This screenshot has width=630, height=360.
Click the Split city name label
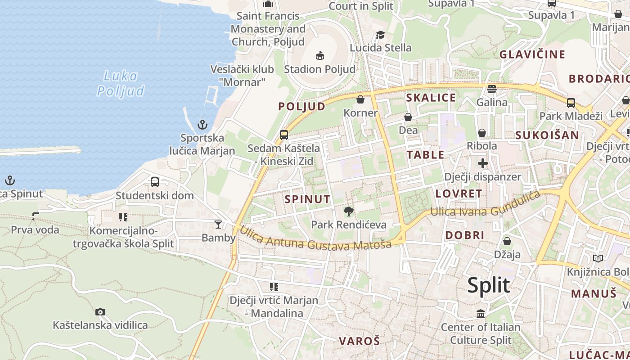coord(488,285)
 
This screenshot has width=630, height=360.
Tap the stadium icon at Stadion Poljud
coord(319,56)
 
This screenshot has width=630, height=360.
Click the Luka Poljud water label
coord(121,83)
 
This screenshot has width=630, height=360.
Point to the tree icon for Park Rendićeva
coord(348,211)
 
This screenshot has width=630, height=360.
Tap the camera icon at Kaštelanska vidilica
coord(100,312)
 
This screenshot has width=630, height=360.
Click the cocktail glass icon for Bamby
coord(218,224)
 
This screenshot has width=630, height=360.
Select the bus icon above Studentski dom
coord(155,182)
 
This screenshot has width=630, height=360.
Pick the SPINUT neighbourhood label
coord(308,199)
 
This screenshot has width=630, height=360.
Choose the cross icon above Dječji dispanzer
coord(483,163)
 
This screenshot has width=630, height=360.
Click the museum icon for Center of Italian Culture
coord(481,314)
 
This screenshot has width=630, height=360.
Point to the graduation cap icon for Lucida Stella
coord(381,35)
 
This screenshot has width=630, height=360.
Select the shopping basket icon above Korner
coord(360,99)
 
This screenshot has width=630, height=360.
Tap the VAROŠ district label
coord(359,341)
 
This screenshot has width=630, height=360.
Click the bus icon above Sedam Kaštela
coord(284,135)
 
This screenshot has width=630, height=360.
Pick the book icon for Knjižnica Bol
coord(598,258)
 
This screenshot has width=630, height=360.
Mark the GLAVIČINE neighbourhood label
coord(532,54)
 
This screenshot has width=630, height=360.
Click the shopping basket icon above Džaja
coord(507,241)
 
